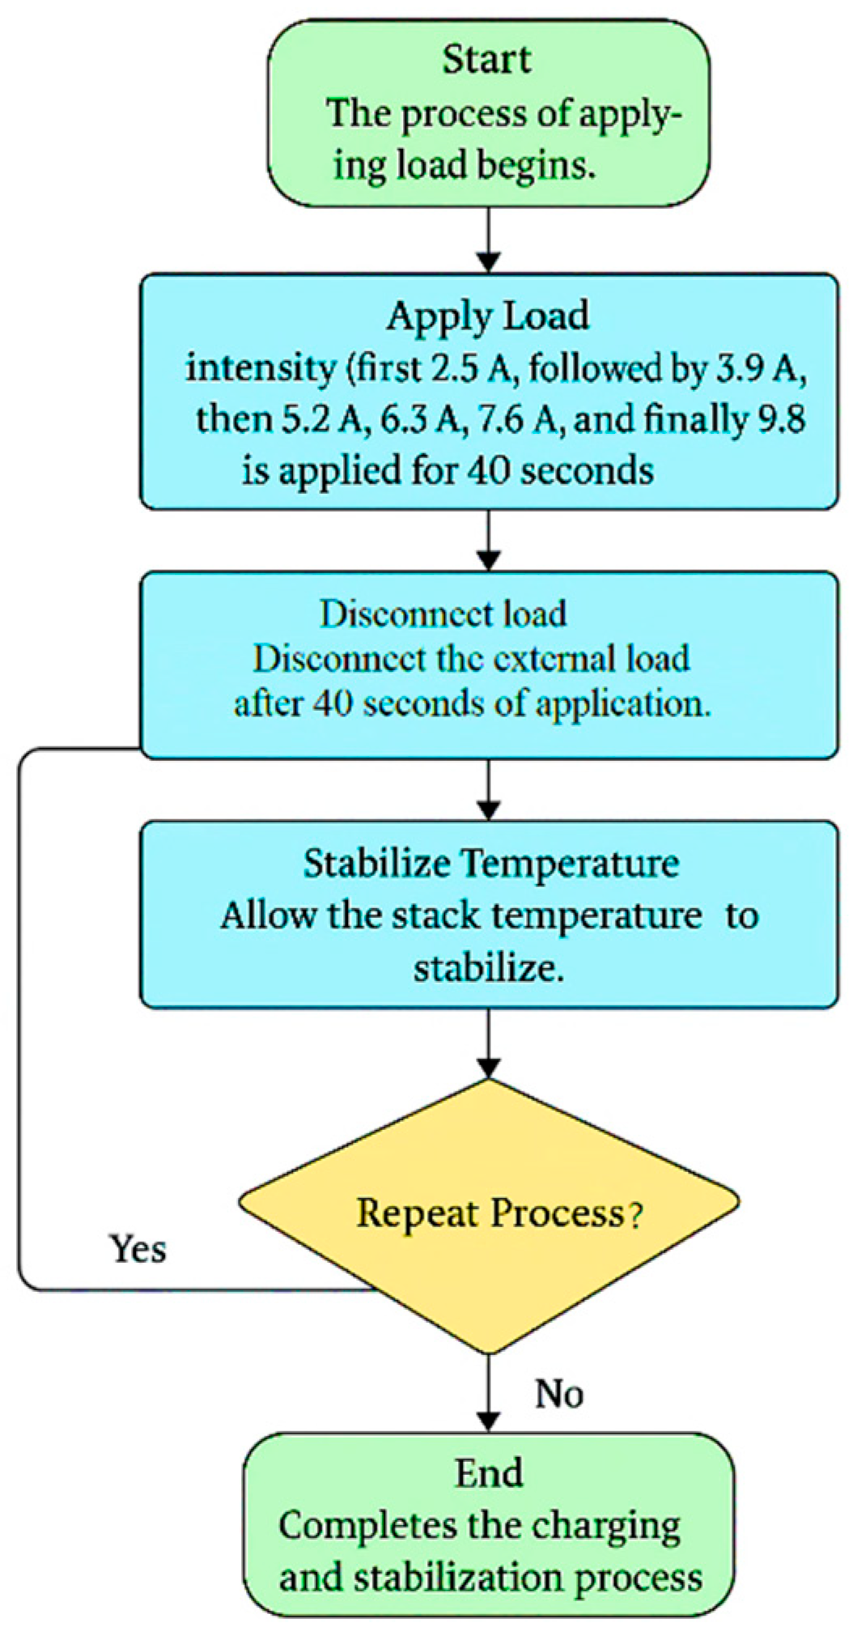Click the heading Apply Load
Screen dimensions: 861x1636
click(x=487, y=316)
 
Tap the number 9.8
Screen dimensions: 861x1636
click(x=781, y=419)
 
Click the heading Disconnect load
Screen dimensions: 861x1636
click(x=443, y=614)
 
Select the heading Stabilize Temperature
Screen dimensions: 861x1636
click(x=491, y=864)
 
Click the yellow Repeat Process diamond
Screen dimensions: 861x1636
click(x=489, y=1215)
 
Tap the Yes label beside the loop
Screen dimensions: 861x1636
click(x=138, y=1249)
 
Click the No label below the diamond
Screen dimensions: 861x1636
click(x=559, y=1394)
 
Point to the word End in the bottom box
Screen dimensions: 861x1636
click(x=489, y=1473)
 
